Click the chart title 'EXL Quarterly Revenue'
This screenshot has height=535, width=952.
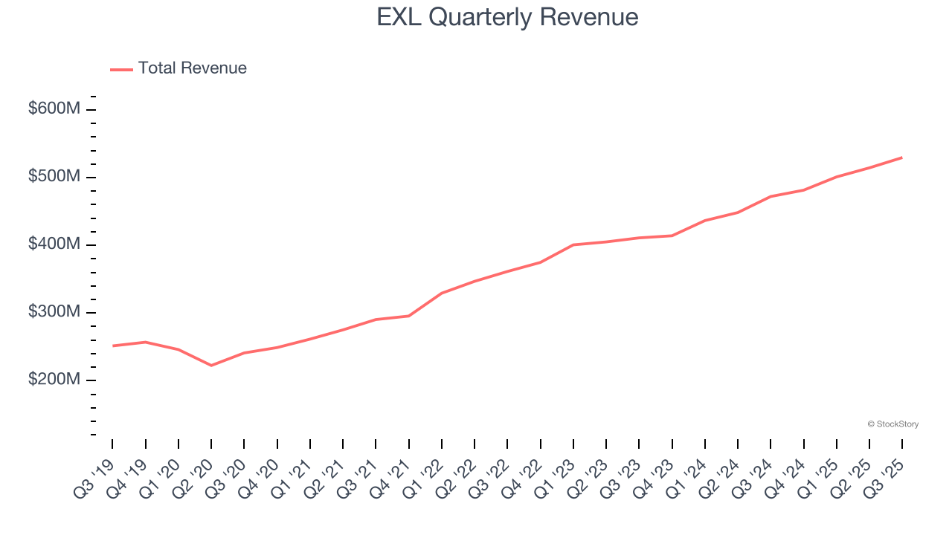pos(507,17)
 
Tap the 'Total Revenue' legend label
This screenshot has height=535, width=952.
pos(192,68)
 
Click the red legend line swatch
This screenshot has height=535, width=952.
pos(121,69)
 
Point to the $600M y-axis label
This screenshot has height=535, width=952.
pos(54,109)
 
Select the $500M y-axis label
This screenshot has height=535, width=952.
pos(54,177)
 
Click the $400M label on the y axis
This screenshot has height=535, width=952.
pos(54,244)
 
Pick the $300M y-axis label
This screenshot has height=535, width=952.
pos(54,312)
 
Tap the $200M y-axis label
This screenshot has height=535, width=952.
pos(54,380)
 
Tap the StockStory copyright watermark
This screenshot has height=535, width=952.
pos(892,424)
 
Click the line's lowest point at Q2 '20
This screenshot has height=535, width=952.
pos(211,366)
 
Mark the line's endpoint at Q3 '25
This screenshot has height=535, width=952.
pos(902,158)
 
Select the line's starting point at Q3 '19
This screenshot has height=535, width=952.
pos(112,346)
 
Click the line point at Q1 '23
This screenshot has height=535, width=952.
pos(573,244)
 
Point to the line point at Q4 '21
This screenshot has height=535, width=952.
pos(408,316)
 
